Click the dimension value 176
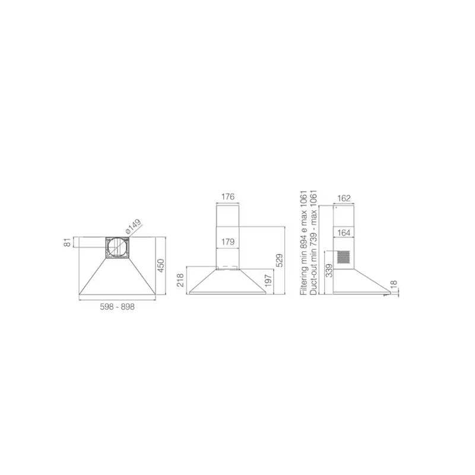[x=228, y=197]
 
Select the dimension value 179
[x=228, y=242]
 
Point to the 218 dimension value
[x=180, y=280]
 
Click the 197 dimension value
[x=268, y=281]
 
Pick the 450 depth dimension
[x=160, y=265]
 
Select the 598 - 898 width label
[x=117, y=307]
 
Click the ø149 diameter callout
[x=133, y=227]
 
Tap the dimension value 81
[x=68, y=242]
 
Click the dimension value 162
[x=344, y=198]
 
